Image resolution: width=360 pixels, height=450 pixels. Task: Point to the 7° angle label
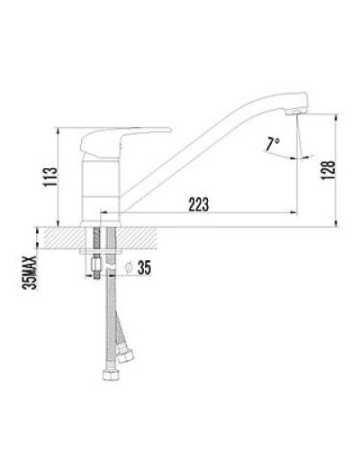point(272,142)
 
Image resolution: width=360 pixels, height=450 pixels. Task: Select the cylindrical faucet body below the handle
point(102,189)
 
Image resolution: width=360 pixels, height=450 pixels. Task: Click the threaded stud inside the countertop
point(95,238)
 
